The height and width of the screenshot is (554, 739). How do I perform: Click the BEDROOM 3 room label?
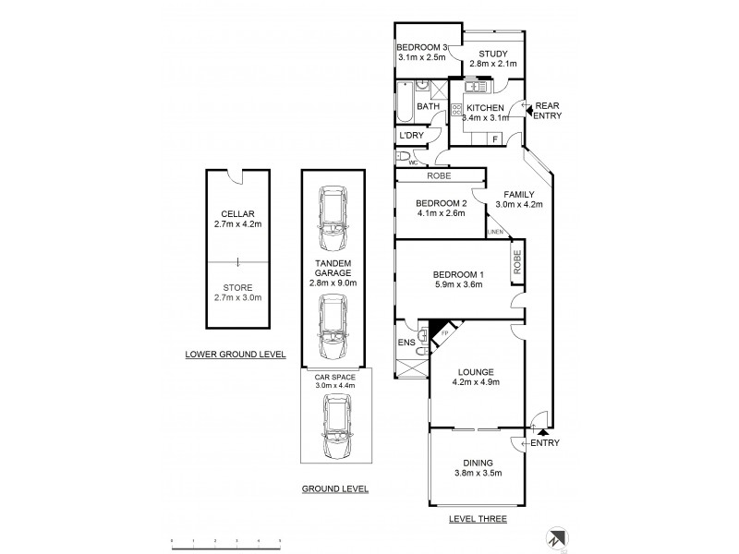point(422,47)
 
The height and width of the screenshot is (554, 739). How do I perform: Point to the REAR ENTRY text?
point(547,110)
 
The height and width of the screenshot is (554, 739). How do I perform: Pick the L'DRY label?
point(410,136)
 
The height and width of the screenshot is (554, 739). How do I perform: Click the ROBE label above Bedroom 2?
point(439,175)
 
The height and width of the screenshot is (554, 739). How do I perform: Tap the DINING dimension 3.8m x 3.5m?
point(478,474)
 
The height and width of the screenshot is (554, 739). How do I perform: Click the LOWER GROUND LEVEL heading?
point(236,355)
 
